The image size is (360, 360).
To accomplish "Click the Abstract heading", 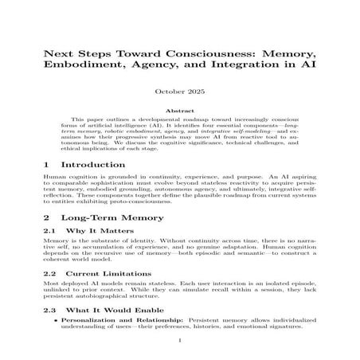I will point(179,112).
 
